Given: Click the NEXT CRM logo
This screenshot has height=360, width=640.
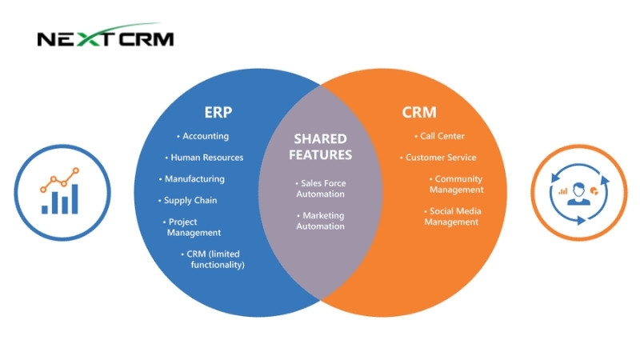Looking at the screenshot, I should coord(105,38).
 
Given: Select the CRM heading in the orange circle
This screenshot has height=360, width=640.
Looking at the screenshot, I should coord(419,112).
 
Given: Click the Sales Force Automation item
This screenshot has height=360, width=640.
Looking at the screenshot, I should coord(319,189).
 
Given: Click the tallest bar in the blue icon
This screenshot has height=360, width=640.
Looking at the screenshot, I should coord(74,199).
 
